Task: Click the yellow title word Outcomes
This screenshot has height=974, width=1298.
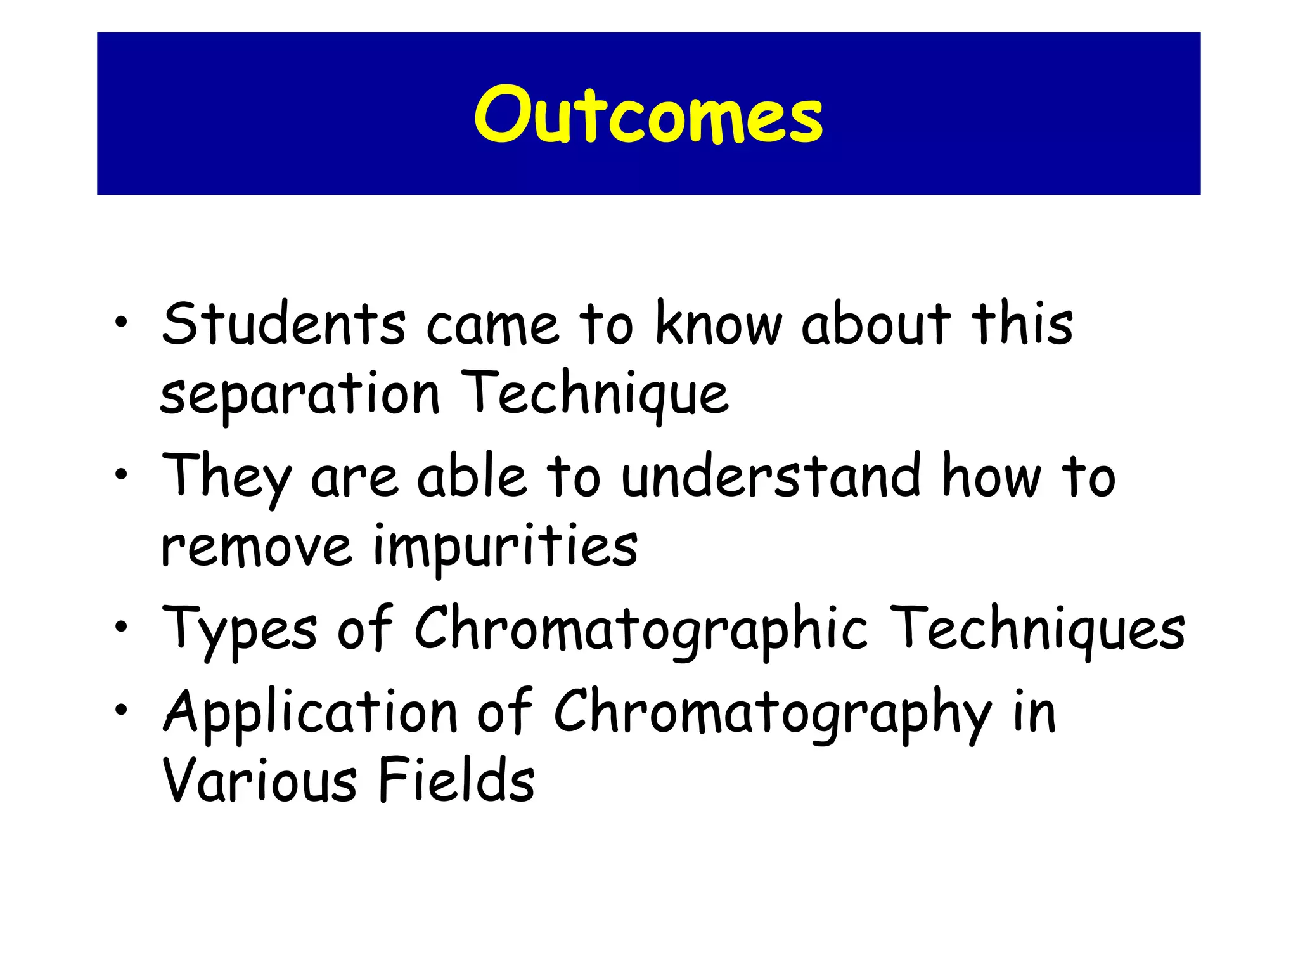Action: pos(648,115)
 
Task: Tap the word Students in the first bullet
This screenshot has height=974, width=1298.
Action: pos(283,325)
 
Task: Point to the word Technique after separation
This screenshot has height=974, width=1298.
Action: pos(595,394)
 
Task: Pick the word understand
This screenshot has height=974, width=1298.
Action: pos(771,476)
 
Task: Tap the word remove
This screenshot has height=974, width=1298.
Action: pos(256,547)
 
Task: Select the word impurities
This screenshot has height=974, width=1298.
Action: pos(505,547)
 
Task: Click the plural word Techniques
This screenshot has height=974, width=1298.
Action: pos(1037,628)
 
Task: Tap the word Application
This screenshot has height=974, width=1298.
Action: pos(311,711)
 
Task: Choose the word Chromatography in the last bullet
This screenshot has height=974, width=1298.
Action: pos(773,711)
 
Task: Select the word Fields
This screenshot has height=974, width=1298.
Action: pos(456,780)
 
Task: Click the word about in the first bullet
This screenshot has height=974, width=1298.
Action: pos(876,325)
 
